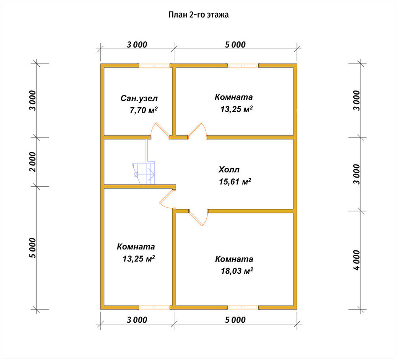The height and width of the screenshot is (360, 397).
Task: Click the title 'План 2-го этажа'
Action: (x=198, y=15)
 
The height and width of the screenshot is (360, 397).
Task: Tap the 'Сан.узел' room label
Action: (x=139, y=98)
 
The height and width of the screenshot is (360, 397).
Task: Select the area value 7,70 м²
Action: (x=144, y=110)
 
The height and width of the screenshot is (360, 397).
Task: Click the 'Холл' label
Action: (x=229, y=170)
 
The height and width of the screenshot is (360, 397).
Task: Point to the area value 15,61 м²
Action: (x=235, y=182)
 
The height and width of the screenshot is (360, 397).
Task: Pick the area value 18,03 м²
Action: (x=237, y=271)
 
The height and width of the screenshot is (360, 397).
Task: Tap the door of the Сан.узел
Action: (x=160, y=131)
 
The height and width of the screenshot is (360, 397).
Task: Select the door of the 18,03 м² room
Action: (x=198, y=217)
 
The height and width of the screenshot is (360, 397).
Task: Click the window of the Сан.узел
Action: (x=154, y=66)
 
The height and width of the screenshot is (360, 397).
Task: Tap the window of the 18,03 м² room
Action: (x=243, y=308)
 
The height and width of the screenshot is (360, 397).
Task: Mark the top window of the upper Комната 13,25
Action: (x=243, y=66)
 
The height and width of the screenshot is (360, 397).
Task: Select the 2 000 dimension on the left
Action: (x=33, y=162)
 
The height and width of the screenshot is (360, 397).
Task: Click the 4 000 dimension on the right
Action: (x=356, y=260)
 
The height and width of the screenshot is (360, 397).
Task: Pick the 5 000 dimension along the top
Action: (x=235, y=45)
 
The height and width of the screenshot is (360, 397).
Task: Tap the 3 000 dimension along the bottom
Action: (x=137, y=320)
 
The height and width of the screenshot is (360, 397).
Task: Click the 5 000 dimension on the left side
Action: (x=33, y=248)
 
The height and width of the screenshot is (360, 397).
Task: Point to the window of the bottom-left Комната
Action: (x=154, y=308)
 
